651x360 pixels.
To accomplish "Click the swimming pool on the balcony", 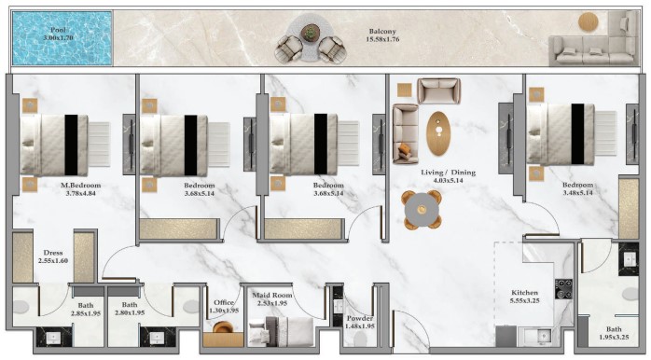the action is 62,38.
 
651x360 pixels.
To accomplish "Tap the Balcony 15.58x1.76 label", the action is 382,35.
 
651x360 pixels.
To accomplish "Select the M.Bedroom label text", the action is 80,186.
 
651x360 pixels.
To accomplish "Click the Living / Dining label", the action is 448,173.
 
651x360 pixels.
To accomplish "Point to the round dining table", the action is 422,210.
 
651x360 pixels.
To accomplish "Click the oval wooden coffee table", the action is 438,133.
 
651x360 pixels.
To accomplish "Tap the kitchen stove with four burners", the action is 564,288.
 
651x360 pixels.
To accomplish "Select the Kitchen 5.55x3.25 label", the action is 525,297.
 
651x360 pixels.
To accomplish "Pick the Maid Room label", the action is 272,296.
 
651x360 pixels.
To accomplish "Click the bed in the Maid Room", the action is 281,331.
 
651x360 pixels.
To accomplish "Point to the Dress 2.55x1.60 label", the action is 53,256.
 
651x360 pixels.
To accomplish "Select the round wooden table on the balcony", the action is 589,21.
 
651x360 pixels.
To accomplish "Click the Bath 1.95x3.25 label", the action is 614,333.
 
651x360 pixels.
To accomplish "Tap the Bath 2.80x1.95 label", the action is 130,309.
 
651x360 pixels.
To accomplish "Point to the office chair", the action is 223,327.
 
